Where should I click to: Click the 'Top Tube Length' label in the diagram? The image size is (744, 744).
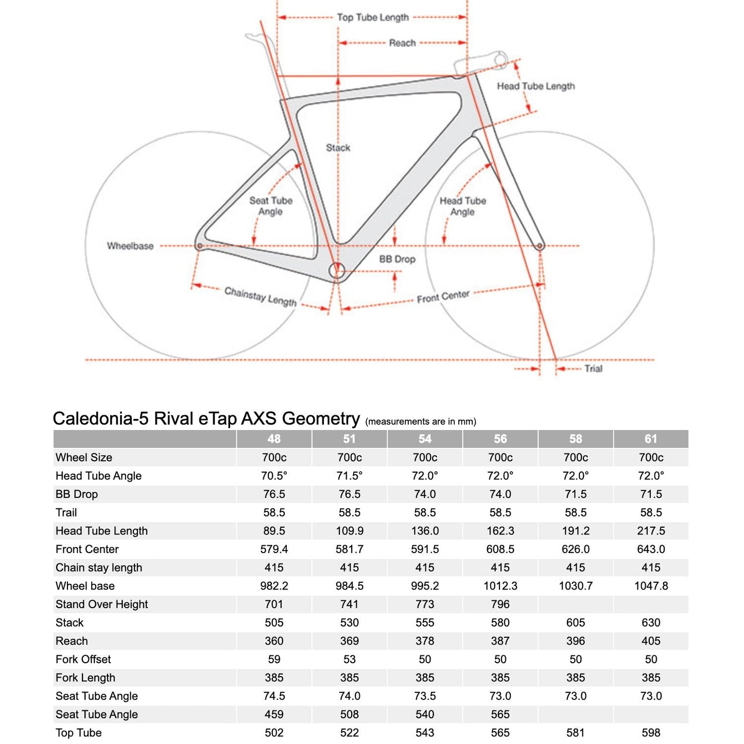click(373, 18)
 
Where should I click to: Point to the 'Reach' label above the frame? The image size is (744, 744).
click(402, 43)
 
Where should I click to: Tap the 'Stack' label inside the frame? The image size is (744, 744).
click(338, 148)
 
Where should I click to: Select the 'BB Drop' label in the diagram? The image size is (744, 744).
click(397, 259)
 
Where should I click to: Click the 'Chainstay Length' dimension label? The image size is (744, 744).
click(261, 297)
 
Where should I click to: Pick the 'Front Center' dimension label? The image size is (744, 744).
click(443, 297)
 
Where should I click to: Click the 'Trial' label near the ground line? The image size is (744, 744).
click(593, 369)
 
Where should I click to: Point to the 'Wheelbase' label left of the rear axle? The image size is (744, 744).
click(130, 246)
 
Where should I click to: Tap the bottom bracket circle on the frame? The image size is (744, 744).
click(337, 270)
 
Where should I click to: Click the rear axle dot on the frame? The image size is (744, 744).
click(200, 246)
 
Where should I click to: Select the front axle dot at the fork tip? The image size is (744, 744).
click(540, 246)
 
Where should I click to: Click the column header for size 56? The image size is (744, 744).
click(500, 439)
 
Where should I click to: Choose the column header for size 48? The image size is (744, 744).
click(274, 439)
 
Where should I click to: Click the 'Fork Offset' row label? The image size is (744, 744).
click(83, 660)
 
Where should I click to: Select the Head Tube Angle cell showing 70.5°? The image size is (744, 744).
click(274, 476)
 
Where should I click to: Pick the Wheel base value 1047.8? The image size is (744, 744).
click(651, 586)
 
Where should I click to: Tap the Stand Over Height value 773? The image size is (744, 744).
click(425, 604)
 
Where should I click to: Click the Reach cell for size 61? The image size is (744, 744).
click(651, 641)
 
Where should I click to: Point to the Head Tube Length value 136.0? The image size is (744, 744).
click(425, 531)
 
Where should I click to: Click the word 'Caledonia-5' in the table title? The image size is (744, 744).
click(93, 419)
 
